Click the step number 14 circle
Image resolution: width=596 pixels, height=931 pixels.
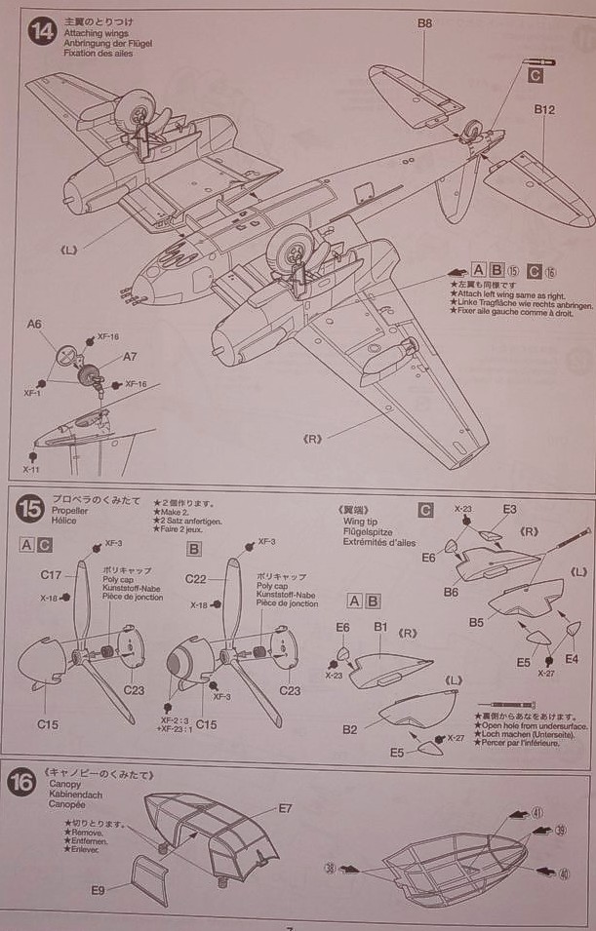42,32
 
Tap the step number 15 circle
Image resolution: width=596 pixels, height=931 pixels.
30,509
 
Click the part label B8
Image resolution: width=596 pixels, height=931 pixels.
424,22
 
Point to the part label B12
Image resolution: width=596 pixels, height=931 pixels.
544,111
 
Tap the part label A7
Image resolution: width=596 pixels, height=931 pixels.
130,358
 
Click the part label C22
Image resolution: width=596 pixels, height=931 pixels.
196,579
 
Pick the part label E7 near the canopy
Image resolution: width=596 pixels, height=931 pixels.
285,808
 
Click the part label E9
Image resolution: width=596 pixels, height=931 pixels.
99,889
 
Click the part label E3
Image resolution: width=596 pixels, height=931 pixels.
509,509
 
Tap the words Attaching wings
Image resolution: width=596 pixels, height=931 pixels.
92,33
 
